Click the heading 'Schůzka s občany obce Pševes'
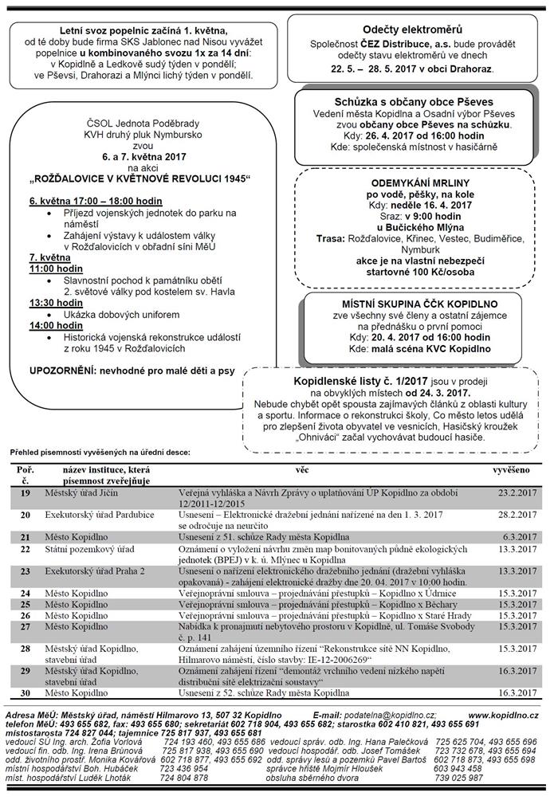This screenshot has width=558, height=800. pyautogui.click(x=413, y=103)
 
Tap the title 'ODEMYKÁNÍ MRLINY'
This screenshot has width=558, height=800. pyautogui.click(x=418, y=182)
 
